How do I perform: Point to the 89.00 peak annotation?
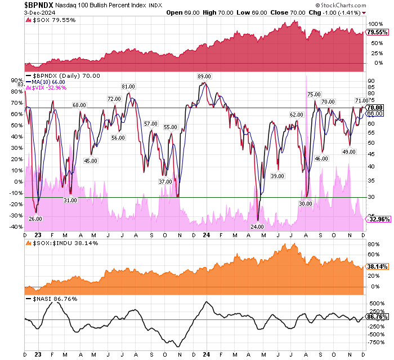pos(204,77)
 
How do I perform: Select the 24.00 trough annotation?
pos(257,226)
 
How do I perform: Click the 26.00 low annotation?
pos(35,219)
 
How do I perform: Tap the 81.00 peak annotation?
pos(128,86)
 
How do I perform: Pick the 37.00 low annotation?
pos(165,181)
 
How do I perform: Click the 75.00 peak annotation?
pos(314,94)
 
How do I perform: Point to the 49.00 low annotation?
pos(349,152)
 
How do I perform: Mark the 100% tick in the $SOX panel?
pos(373,24)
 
